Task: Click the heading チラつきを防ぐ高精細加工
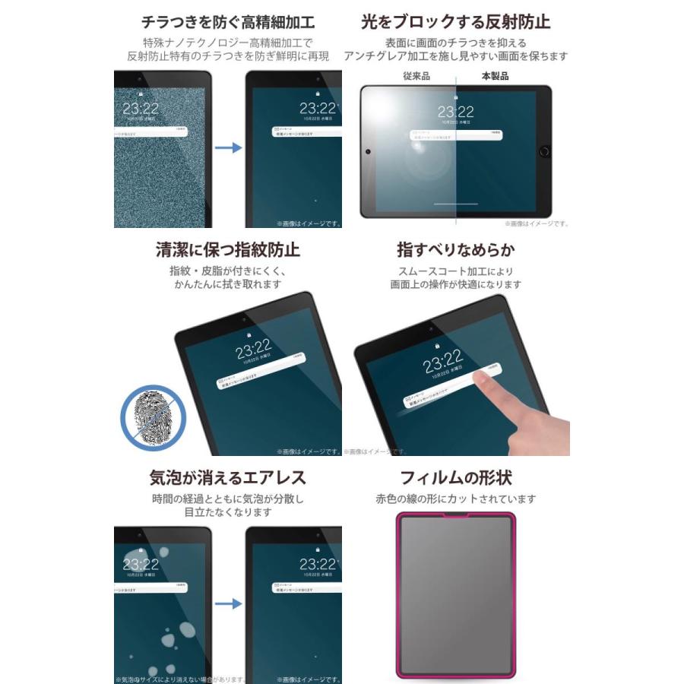click(x=227, y=21)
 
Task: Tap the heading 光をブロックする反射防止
click(x=456, y=21)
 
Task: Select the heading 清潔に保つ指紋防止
click(x=227, y=249)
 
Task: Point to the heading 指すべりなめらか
click(x=456, y=249)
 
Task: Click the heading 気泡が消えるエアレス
click(x=227, y=477)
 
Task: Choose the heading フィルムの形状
click(x=456, y=477)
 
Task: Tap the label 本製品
click(x=495, y=76)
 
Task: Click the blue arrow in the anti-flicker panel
click(x=228, y=147)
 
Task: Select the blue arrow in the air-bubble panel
click(x=228, y=603)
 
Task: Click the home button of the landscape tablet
click(x=543, y=150)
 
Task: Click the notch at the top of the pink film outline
click(x=455, y=516)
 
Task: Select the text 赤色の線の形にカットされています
click(x=456, y=499)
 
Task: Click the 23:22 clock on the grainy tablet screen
click(x=141, y=107)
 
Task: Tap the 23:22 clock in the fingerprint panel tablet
click(x=255, y=350)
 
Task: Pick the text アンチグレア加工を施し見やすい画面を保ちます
click(x=456, y=56)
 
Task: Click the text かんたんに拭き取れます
click(x=227, y=284)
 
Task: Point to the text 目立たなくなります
click(x=227, y=512)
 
